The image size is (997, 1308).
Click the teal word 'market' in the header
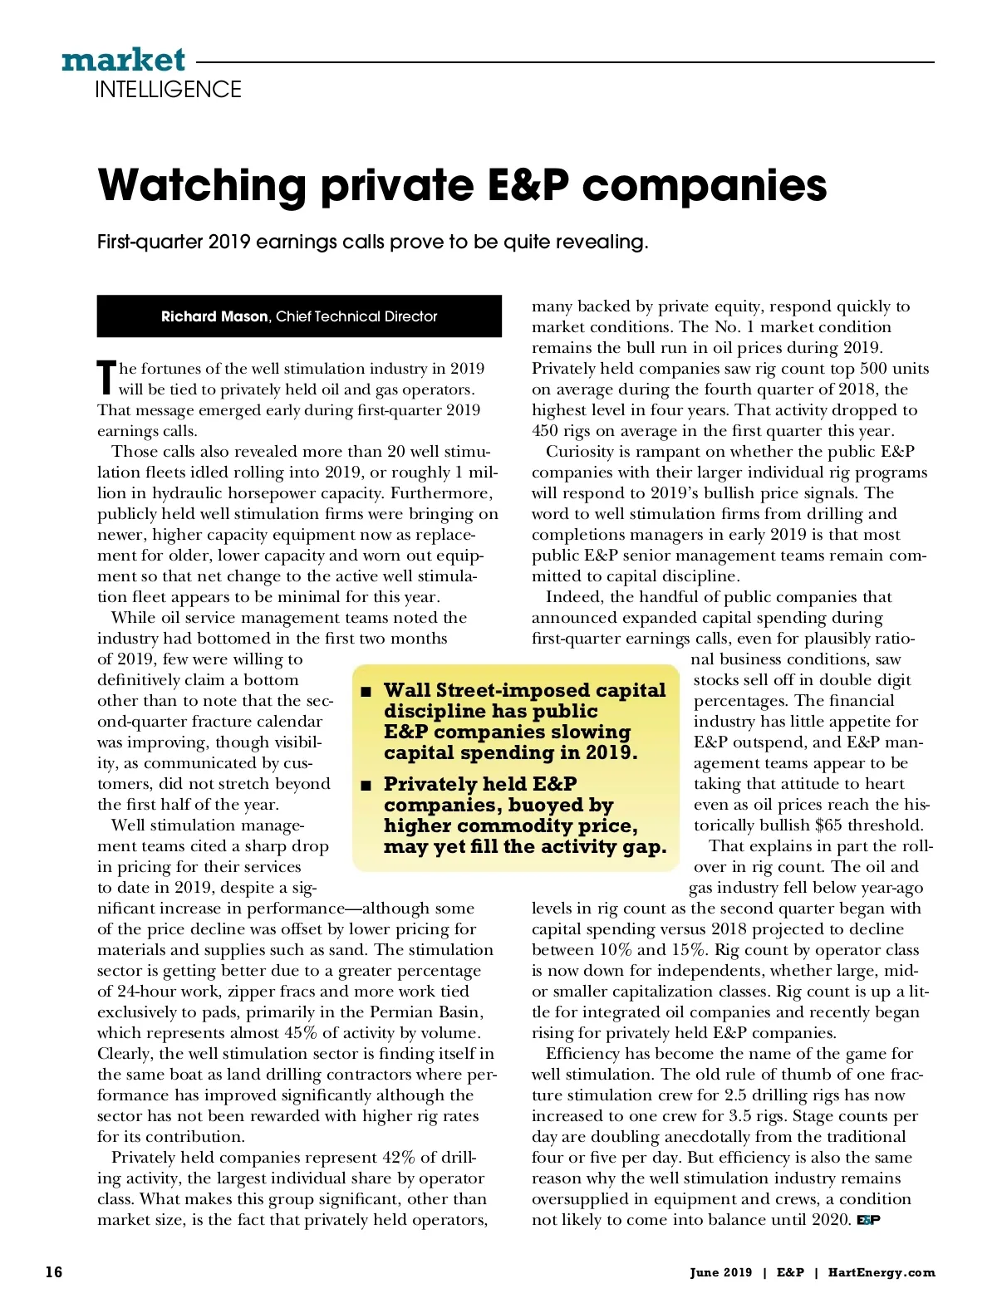click(123, 60)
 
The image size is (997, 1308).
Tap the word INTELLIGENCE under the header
click(168, 90)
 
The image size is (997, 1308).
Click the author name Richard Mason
click(214, 316)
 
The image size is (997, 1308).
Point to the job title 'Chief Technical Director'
click(356, 316)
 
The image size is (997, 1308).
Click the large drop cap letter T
click(106, 378)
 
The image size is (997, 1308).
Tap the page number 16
click(54, 1272)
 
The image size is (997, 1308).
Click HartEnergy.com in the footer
click(882, 1272)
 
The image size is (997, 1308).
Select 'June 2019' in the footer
click(720, 1272)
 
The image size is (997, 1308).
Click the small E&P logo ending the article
click(868, 1220)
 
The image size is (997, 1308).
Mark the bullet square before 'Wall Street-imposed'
click(365, 692)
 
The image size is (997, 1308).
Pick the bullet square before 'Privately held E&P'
click(365, 785)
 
